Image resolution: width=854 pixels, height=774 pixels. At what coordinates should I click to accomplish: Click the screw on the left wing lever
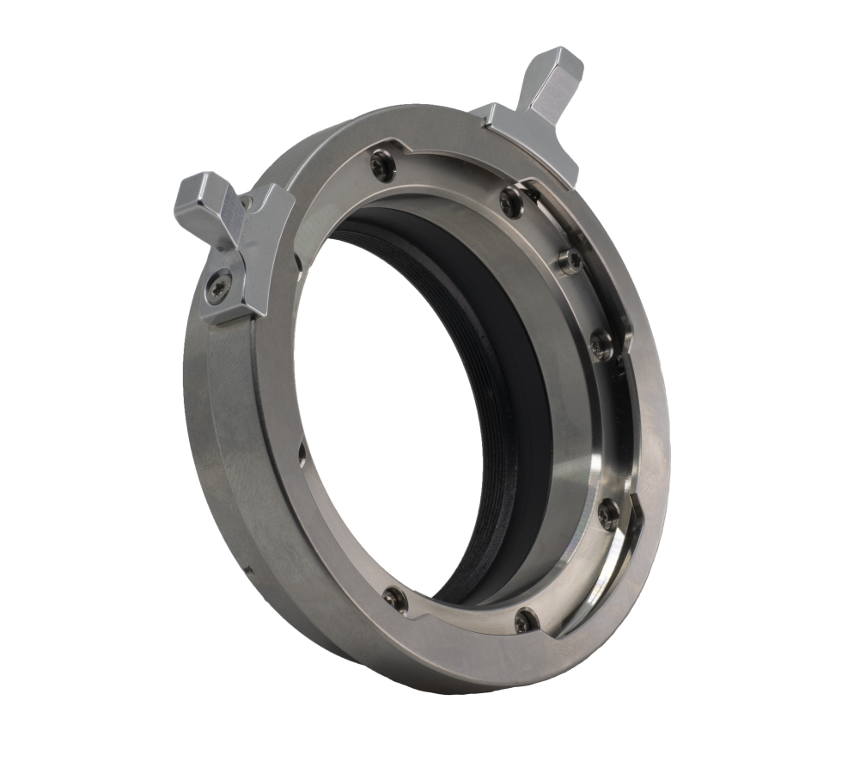(x=220, y=287)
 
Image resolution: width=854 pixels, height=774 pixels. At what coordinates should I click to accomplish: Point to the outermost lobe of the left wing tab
(x=196, y=196)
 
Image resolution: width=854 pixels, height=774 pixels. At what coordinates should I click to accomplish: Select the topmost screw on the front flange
(x=382, y=164)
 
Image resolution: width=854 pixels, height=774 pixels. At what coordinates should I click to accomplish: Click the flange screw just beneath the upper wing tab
(x=511, y=202)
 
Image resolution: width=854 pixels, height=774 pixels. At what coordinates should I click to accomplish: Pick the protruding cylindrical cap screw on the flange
(x=568, y=261)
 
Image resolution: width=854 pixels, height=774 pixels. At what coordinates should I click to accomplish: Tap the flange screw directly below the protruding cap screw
(x=601, y=345)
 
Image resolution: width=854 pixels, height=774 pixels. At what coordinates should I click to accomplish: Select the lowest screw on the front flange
(x=525, y=619)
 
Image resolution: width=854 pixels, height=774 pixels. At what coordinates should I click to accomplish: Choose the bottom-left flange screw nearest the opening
(x=395, y=598)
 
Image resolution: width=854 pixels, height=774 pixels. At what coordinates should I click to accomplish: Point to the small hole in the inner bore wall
(x=302, y=449)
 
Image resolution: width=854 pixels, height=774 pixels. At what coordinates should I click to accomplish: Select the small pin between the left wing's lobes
(x=246, y=203)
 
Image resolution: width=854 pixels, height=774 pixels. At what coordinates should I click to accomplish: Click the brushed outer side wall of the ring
(x=223, y=447)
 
